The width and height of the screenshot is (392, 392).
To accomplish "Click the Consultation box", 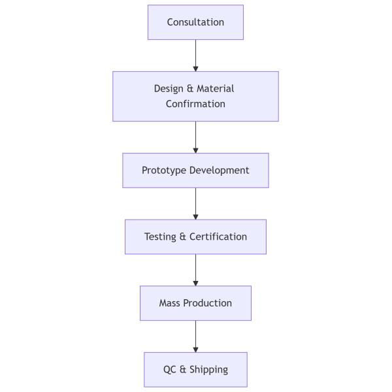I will click(x=195, y=22).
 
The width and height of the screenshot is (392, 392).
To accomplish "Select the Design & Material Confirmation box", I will click(x=195, y=96).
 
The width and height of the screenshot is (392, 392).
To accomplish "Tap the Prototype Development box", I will click(x=195, y=171).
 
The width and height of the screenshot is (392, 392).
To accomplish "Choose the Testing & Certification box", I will click(x=195, y=237).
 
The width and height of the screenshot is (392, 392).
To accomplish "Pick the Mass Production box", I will click(x=195, y=303).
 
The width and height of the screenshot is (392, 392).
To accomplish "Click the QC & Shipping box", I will click(x=195, y=370).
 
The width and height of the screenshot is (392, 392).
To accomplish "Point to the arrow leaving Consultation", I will click(x=195, y=56).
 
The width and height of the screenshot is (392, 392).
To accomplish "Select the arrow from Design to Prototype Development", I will click(x=195, y=137).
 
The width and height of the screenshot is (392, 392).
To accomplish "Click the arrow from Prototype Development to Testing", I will click(x=195, y=204).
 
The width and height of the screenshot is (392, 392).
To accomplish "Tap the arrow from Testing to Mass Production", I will click(x=195, y=270).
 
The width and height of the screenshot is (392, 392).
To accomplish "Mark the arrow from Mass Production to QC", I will click(x=195, y=336).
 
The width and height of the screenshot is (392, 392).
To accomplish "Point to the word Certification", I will click(x=218, y=237).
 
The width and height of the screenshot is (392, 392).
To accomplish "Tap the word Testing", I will click(x=160, y=237).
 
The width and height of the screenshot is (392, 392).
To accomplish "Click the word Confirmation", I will click(x=195, y=104).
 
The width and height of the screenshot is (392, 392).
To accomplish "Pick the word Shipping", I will click(x=208, y=370).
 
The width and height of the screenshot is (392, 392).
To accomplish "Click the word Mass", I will click(x=170, y=303).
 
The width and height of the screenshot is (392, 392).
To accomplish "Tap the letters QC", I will click(x=170, y=370).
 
